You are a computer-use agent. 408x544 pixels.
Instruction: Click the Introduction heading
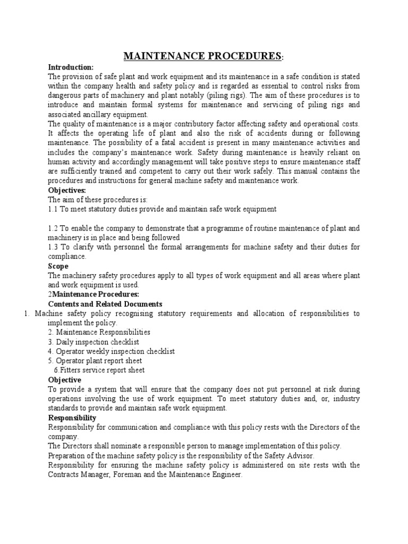coord(71,67)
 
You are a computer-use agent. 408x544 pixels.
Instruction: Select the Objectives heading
coord(67,190)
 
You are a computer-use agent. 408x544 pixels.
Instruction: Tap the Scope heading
coord(58,266)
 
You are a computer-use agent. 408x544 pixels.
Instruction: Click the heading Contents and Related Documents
coord(105,304)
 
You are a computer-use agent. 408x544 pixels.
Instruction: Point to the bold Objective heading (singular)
coord(65,380)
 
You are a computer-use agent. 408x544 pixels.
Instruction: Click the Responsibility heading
coord(72,418)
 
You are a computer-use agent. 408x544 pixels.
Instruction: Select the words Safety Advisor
coord(291,456)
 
